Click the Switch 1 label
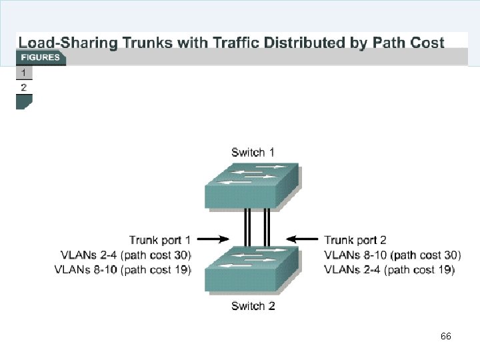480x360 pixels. (x=253, y=153)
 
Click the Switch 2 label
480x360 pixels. (x=253, y=306)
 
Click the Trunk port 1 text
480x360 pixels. (x=160, y=239)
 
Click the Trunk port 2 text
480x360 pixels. (x=355, y=239)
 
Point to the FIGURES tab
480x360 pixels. (x=40, y=57)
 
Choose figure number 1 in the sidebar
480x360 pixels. (x=24, y=72)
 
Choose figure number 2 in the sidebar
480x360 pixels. (x=24, y=87)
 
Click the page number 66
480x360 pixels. (x=446, y=337)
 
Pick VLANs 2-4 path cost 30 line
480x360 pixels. (x=125, y=255)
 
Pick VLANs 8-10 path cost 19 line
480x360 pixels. (x=125, y=269)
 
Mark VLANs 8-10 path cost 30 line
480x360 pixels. (x=393, y=255)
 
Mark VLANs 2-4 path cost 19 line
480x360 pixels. (x=389, y=269)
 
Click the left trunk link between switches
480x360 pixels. (x=247, y=227)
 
